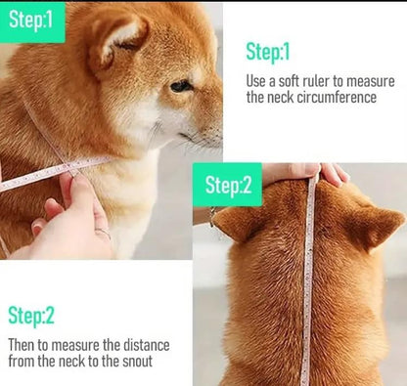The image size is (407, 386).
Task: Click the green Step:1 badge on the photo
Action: tap(32, 22)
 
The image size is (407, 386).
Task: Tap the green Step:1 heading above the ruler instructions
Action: tap(267, 52)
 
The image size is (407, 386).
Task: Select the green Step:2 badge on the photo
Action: tap(227, 185)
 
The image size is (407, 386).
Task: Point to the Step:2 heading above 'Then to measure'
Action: tap(31, 315)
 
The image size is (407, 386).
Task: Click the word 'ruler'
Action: tap(316, 81)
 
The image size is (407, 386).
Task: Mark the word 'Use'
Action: tap(256, 81)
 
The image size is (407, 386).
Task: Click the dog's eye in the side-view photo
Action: tap(180, 86)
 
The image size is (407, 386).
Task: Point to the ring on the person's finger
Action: tap(103, 233)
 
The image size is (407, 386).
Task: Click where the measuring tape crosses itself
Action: tap(69, 168)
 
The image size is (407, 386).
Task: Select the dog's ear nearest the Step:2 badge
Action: tap(233, 223)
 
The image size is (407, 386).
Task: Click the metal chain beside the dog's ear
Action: tap(212, 217)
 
